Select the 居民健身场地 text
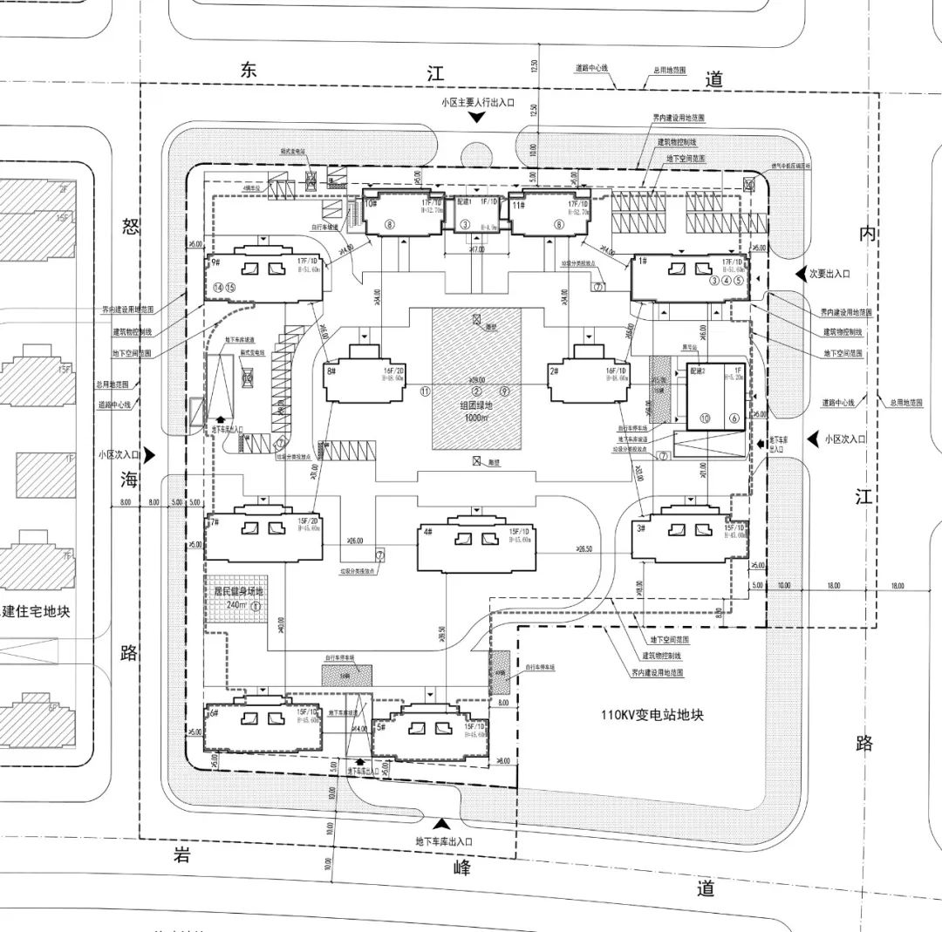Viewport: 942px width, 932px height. point(233,590)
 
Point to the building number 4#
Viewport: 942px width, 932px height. point(427,530)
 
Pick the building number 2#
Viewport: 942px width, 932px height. point(555,371)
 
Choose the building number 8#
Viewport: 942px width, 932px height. point(331,371)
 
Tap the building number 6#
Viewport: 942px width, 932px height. point(213,712)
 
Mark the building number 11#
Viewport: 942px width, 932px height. point(518,204)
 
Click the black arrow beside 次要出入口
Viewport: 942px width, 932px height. point(800,274)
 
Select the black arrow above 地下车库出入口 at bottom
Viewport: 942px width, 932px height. point(443,823)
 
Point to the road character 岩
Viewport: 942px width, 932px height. point(181,854)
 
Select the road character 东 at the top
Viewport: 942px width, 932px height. point(250,71)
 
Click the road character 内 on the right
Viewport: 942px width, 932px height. point(866,234)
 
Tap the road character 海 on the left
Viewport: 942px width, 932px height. point(130,478)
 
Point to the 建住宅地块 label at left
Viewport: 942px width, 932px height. point(36,611)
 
